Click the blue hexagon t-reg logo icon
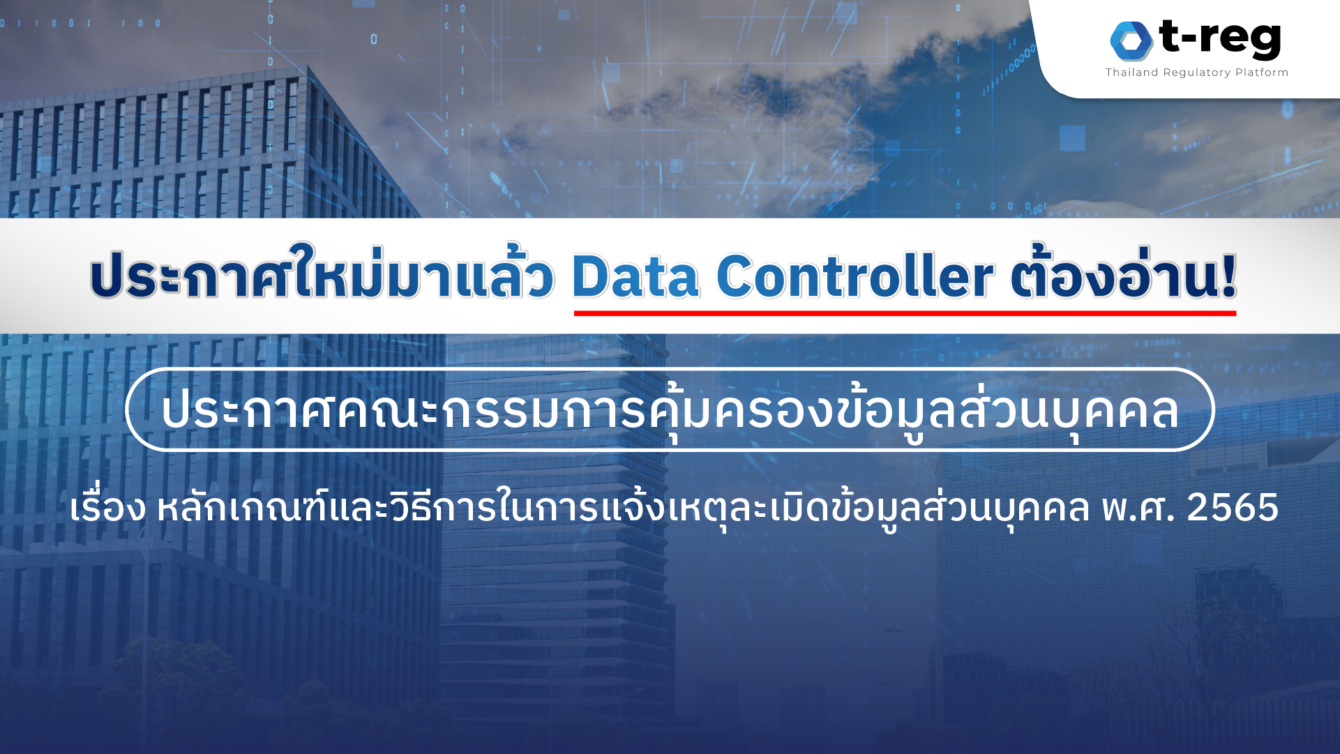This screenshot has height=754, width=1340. click(1131, 40)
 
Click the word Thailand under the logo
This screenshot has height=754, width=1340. click(1131, 73)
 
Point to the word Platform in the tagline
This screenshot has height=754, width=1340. click(1262, 73)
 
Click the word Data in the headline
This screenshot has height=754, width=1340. click(635, 276)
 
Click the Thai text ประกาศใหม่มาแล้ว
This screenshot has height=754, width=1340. click(322, 273)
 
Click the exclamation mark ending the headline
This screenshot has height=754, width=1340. click(1228, 275)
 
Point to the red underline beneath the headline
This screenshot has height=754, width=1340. click(905, 313)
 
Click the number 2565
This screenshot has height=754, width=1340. click(1233, 507)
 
